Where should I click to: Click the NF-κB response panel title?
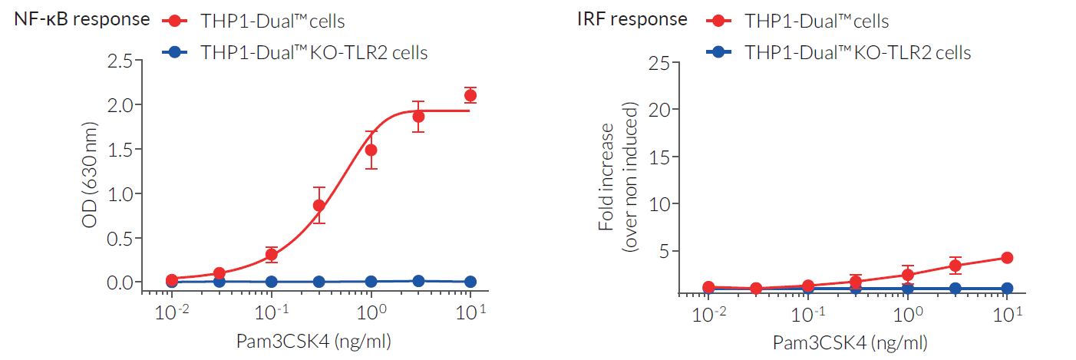pos(82,19)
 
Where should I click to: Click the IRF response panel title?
pos(632,19)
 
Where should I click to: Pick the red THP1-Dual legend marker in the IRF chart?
pos(720,21)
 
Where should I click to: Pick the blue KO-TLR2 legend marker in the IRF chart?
pos(720,52)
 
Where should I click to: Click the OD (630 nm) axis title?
pos(91,172)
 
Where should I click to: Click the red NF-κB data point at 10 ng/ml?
pos(470,95)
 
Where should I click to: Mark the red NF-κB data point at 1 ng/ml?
pos(371,150)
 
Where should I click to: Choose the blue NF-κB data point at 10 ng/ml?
pos(470,282)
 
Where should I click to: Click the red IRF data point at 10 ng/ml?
pos(1007,258)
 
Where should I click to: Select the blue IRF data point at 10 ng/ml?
pos(1007,289)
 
